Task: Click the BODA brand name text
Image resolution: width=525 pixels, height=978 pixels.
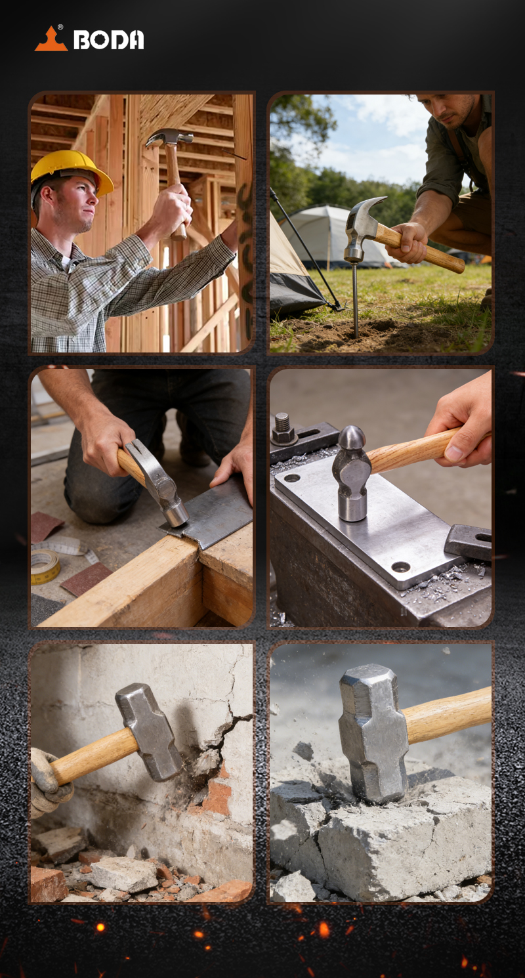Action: [x=108, y=40]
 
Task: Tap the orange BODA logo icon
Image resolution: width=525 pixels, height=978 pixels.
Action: [x=51, y=39]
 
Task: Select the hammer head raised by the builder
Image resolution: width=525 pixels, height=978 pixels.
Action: [x=169, y=137]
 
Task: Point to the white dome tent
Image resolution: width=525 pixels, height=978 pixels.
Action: [x=336, y=236]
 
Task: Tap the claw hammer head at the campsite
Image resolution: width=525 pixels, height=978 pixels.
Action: [x=362, y=227]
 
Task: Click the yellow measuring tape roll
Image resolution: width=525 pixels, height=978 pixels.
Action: [x=45, y=566]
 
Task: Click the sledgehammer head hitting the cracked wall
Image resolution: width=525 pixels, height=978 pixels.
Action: [x=148, y=733]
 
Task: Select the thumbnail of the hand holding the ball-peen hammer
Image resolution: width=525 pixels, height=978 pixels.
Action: [x=454, y=453]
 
